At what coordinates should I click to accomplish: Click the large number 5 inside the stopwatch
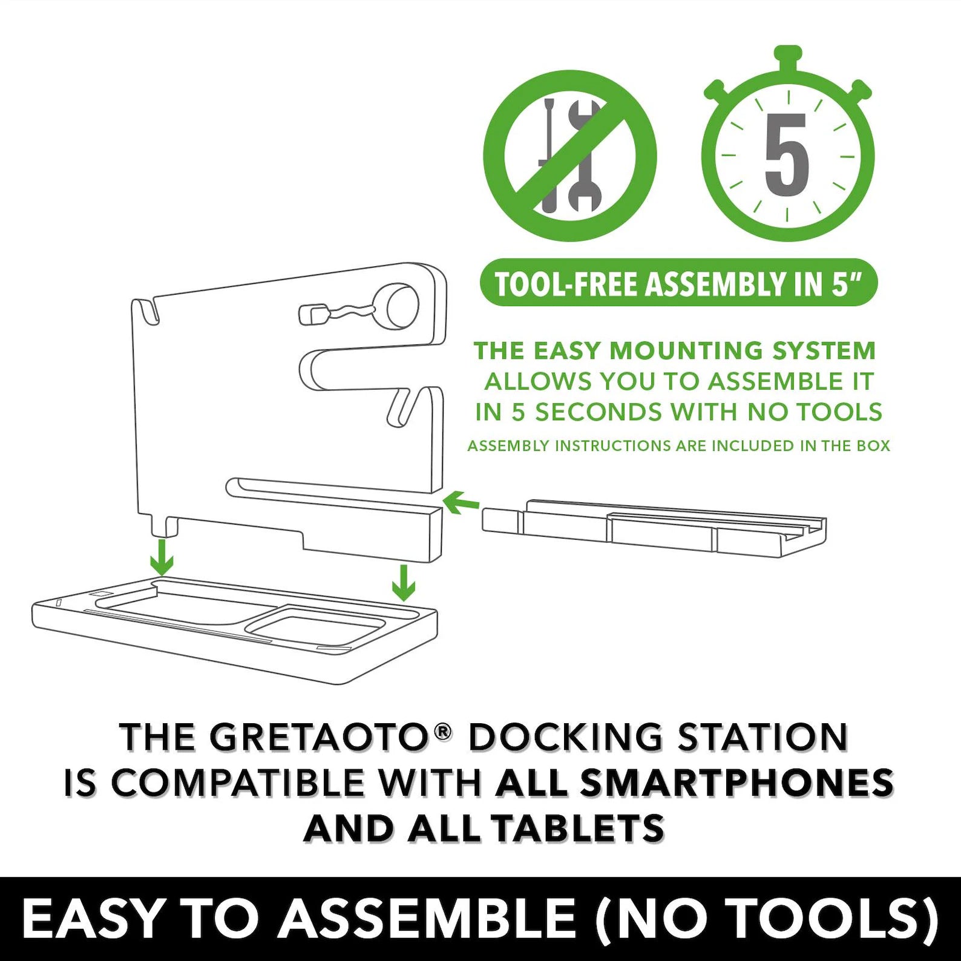coord(786,155)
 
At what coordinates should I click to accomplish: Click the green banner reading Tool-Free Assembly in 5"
coord(678,283)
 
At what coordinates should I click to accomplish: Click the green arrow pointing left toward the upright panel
coord(461,502)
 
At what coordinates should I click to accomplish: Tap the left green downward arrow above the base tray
coord(162,557)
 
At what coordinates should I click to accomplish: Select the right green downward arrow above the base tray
coord(404,583)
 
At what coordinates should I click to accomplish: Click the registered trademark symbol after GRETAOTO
coord(444,732)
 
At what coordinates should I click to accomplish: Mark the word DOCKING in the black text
coord(565,738)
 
